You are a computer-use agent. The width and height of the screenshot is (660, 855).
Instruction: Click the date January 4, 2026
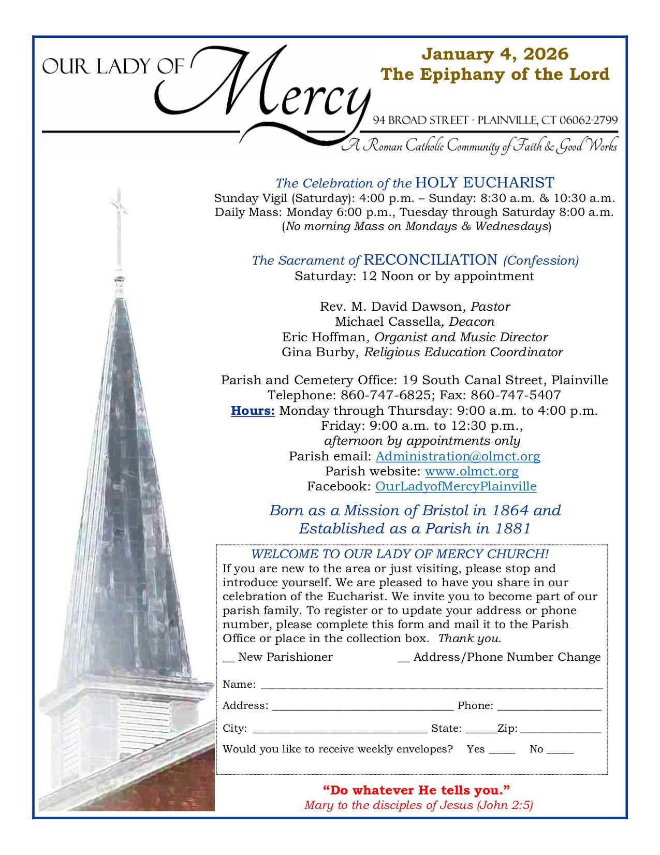[495, 53]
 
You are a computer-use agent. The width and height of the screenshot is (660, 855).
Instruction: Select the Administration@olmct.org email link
[458, 456]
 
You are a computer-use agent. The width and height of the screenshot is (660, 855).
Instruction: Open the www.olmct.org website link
[472, 471]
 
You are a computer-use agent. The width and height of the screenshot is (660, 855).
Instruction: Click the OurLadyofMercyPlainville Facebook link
[456, 486]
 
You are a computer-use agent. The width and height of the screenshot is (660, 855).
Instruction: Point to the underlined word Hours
[253, 411]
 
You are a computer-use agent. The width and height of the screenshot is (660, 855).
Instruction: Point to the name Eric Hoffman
[324, 338]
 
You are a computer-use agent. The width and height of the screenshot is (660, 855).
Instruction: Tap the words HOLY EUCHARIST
[485, 183]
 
